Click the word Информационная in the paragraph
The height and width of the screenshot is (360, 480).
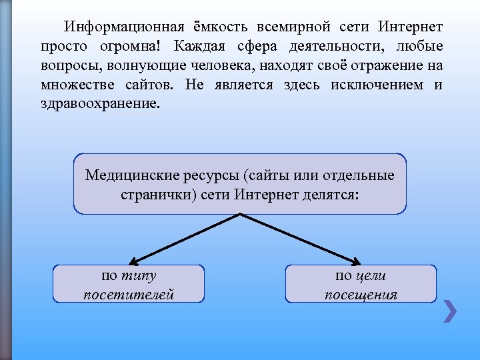coord(124,27)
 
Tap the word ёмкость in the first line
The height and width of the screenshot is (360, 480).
coord(221,27)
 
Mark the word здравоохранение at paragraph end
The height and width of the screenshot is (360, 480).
coord(100,105)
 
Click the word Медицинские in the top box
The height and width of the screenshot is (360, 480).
coord(128,175)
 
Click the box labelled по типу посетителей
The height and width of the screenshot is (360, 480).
coord(129,284)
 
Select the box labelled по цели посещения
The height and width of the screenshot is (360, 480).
coord(361,284)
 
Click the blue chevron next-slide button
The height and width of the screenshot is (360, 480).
coord(451,311)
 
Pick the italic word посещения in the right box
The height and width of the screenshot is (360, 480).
coord(361,294)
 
